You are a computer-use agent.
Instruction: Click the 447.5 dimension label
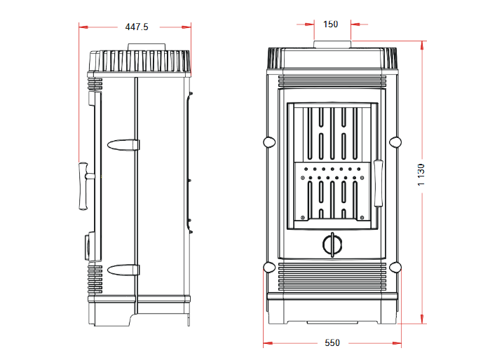[137, 27]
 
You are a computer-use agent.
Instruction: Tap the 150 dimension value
[330, 24]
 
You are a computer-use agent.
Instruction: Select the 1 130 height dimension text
[421, 174]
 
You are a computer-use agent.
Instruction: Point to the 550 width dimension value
[332, 342]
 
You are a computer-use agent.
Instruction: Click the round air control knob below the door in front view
[332, 244]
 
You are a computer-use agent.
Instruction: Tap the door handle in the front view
[379, 183]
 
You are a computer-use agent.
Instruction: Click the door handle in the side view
[83, 186]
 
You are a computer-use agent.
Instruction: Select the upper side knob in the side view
[123, 145]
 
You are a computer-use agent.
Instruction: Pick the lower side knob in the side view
[123, 270]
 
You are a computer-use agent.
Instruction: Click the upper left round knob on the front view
[269, 142]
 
